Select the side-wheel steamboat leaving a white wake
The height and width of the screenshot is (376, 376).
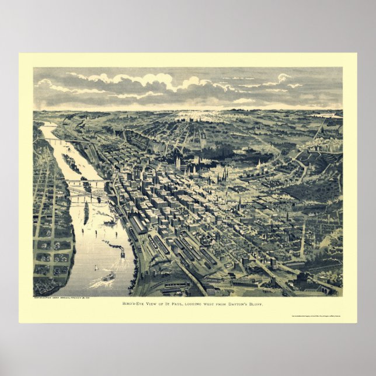[x=108, y=277]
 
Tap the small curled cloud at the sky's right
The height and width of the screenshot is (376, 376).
[x=284, y=77]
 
